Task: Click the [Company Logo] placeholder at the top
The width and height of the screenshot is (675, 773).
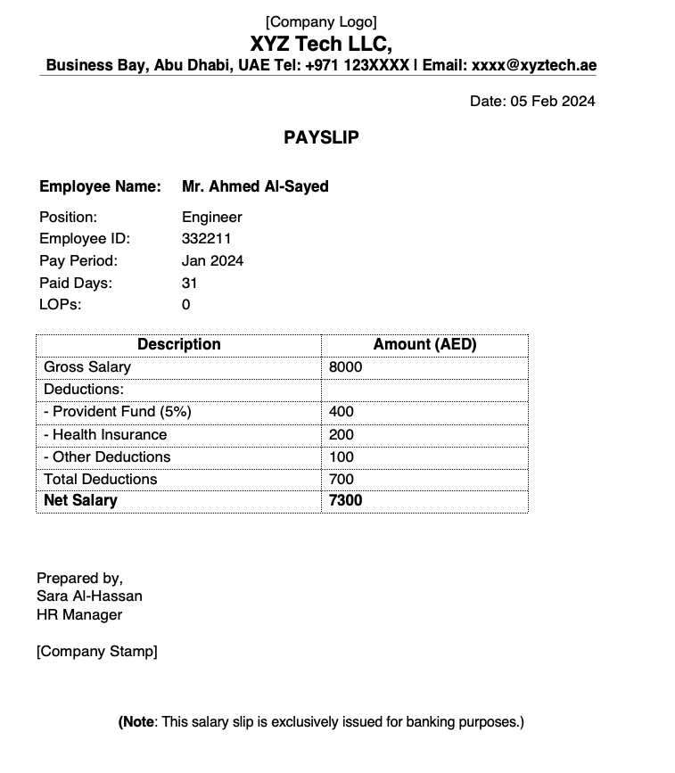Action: pyautogui.click(x=321, y=21)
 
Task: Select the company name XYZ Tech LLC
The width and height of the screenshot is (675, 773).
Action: pyautogui.click(x=321, y=44)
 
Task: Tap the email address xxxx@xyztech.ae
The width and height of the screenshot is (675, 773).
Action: pyautogui.click(x=534, y=65)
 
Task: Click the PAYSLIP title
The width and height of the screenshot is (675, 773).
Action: pyautogui.click(x=321, y=137)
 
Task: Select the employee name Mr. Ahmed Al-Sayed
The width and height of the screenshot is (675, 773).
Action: pyautogui.click(x=255, y=186)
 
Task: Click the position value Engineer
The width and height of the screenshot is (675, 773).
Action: pyautogui.click(x=211, y=217)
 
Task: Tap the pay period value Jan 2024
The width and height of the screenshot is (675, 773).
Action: pyautogui.click(x=212, y=260)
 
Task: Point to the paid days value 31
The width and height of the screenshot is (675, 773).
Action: pyautogui.click(x=189, y=283)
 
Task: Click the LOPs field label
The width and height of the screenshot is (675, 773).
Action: pyautogui.click(x=60, y=304)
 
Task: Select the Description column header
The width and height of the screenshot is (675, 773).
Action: pyautogui.click(x=178, y=344)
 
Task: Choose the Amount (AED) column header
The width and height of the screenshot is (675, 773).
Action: pyautogui.click(x=424, y=344)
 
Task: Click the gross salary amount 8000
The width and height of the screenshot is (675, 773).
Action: pyautogui.click(x=345, y=366)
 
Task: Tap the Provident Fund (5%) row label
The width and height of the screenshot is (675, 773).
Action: pyautogui.click(x=118, y=411)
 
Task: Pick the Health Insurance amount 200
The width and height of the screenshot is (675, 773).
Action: pyautogui.click(x=341, y=434)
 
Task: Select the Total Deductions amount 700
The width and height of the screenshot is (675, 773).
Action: pyautogui.click(x=341, y=479)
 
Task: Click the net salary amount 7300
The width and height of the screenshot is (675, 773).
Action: pyautogui.click(x=345, y=500)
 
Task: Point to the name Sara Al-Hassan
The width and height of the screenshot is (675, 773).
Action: pyautogui.click(x=89, y=596)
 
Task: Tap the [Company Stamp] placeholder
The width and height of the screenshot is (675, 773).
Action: pyautogui.click(x=96, y=651)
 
